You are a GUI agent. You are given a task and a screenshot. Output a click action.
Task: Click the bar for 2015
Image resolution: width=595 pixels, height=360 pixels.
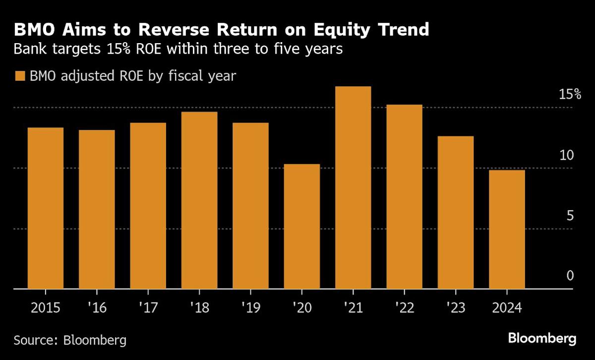coord(45,208)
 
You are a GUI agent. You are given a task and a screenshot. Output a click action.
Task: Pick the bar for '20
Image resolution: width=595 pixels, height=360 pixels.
coord(302,226)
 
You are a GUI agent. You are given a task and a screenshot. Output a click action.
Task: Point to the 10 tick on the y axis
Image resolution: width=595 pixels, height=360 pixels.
coord(566,155)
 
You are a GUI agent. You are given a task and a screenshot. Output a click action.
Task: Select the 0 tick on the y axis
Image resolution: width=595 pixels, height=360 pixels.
coord(570,276)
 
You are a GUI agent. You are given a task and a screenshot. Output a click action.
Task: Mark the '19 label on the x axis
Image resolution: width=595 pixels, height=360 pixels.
coord(250,308)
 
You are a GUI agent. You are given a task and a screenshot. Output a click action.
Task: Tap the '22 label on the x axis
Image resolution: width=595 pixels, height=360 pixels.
coord(404,308)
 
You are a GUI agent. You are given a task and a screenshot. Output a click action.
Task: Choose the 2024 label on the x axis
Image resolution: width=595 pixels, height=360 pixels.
coord(506,308)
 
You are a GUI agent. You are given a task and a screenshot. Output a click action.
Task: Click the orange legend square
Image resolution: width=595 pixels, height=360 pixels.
coord(20,76)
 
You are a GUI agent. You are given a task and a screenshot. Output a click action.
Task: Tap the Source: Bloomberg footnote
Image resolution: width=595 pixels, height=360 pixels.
coord(70,340)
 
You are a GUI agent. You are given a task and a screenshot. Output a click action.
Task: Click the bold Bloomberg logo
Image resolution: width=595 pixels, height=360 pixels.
coord(542,339)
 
